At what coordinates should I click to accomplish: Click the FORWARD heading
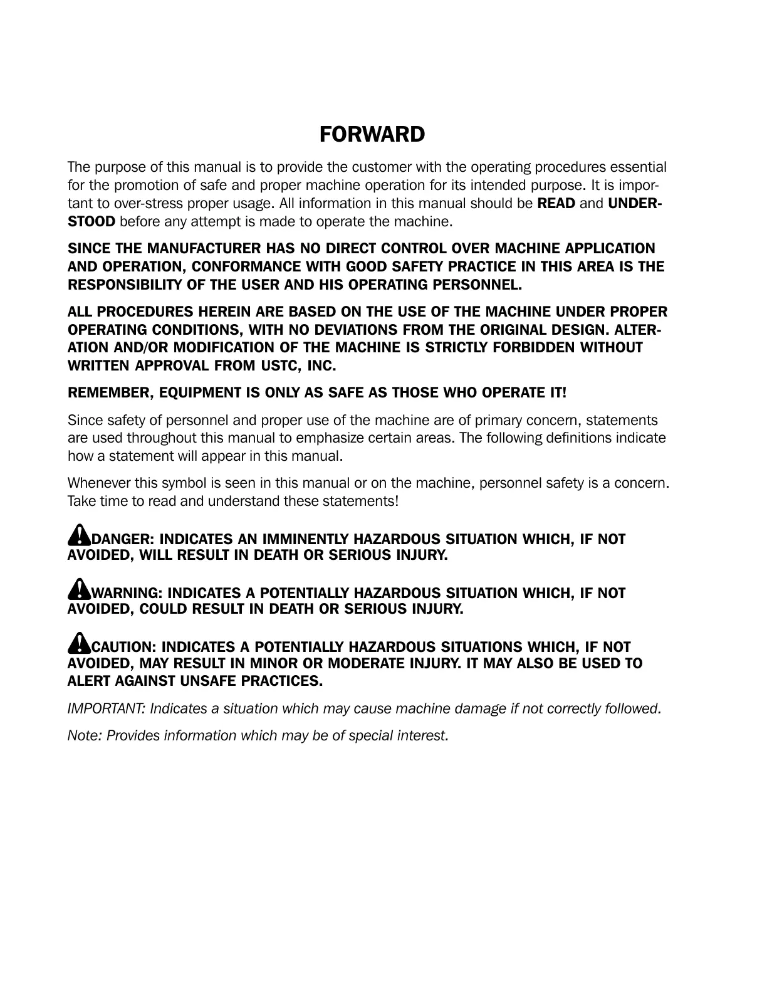click(x=372, y=134)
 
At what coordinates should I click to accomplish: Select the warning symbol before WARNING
click(x=79, y=589)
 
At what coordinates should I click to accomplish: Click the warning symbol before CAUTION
click(x=79, y=643)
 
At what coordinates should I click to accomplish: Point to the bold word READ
click(x=556, y=204)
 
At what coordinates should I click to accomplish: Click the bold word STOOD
click(x=91, y=222)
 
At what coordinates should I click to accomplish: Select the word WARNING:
click(x=128, y=593)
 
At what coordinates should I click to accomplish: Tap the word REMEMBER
click(x=109, y=393)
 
